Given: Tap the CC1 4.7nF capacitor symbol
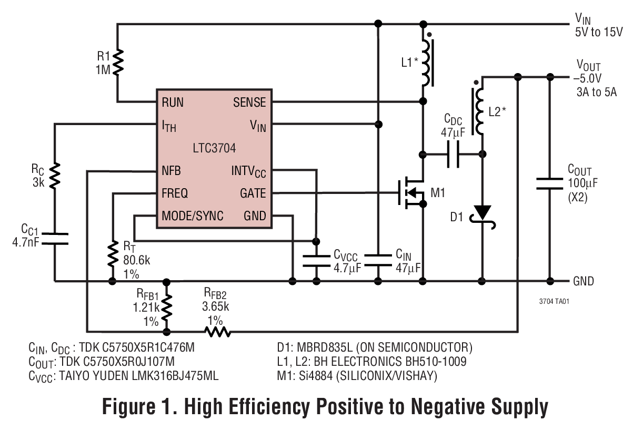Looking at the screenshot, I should pyautogui.click(x=54, y=238).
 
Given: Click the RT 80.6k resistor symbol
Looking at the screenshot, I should pyautogui.click(x=113, y=254).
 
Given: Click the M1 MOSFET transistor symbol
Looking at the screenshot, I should pyautogui.click(x=413, y=193).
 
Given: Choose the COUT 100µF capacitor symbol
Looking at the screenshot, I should pyautogui.click(x=550, y=183).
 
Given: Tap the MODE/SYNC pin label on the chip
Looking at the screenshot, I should pyautogui.click(x=192, y=216).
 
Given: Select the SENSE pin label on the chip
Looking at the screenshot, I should pyautogui.click(x=249, y=102).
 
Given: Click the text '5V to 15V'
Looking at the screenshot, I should pyautogui.click(x=599, y=32).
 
